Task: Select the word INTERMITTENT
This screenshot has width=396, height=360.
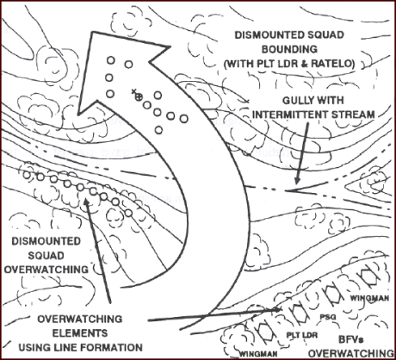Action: pyautogui.click(x=290, y=115)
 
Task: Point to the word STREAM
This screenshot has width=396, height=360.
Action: pyautogui.click(x=353, y=115)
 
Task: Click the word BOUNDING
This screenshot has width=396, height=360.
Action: pyautogui.click(x=289, y=49)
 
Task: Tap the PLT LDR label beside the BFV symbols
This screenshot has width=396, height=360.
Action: pyautogui.click(x=302, y=335)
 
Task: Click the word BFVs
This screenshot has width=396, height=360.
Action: pyautogui.click(x=351, y=339)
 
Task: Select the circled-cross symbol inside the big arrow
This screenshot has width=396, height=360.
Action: pyautogui.click(x=139, y=96)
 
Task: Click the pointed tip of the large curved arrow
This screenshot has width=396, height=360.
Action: pyautogui.click(x=92, y=33)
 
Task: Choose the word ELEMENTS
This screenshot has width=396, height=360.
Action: pyautogui.click(x=80, y=333)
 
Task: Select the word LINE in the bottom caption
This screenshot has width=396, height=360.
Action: pyautogui.click(x=68, y=347)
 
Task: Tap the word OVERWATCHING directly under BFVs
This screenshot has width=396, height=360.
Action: pyautogui.click(x=351, y=353)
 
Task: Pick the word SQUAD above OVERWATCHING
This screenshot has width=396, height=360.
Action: pyautogui.click(x=46, y=256)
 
